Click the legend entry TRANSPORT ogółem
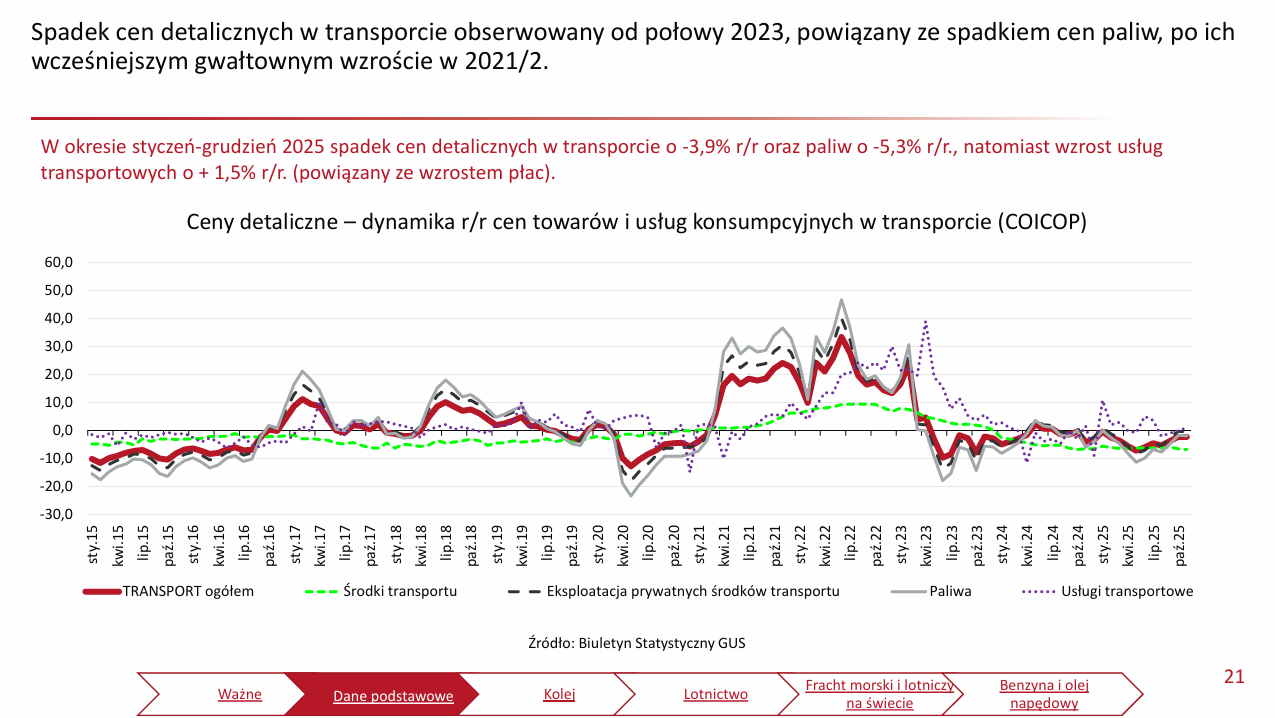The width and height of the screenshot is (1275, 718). [x=188, y=591]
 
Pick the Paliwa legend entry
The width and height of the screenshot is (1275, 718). [x=950, y=591]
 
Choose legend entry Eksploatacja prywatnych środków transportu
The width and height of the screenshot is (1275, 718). [x=692, y=591]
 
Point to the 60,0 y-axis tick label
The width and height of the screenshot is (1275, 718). [x=59, y=262]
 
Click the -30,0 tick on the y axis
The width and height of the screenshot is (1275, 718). [x=57, y=515]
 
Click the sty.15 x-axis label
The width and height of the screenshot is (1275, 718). [x=93, y=540]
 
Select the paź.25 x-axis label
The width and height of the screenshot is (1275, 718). [x=1181, y=540]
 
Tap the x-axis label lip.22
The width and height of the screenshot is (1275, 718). [x=851, y=540]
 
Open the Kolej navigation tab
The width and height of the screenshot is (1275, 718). [x=559, y=694]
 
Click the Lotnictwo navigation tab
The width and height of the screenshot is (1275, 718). [x=716, y=694]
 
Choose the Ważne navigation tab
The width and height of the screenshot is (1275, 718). [x=239, y=694]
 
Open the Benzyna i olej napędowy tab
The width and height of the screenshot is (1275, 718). [x=1044, y=694]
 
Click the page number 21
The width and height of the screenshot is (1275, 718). [x=1234, y=677]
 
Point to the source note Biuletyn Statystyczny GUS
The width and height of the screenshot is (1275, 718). [x=637, y=643]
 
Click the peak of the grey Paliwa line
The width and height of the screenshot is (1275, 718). [x=841, y=300]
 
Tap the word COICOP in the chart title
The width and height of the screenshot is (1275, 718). [x=1039, y=223]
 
